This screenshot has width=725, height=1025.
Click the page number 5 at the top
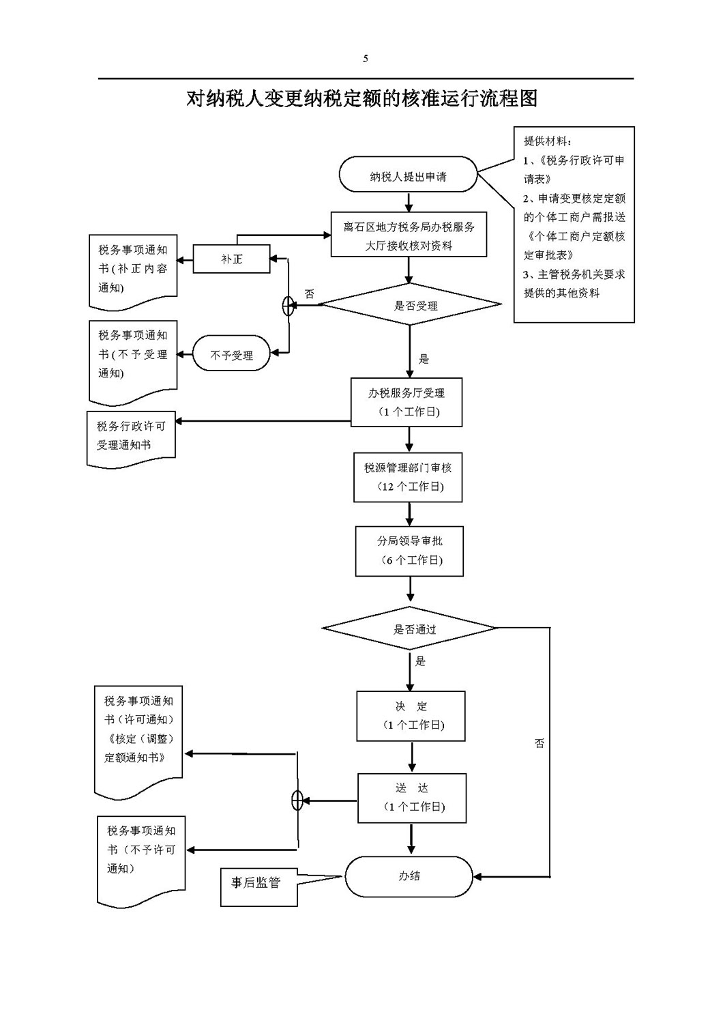click(x=366, y=59)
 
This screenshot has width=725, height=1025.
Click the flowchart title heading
click(x=361, y=98)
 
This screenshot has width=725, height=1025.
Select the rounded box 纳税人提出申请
click(x=408, y=174)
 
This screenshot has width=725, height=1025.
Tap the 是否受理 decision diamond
click(x=410, y=304)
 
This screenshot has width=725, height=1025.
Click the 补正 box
click(x=231, y=259)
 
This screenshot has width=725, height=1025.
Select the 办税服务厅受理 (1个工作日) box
click(x=406, y=402)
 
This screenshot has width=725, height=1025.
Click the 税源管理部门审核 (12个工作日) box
click(x=408, y=477)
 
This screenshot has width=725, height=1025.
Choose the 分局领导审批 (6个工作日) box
click(x=409, y=551)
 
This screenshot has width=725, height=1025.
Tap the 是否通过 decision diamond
click(x=409, y=629)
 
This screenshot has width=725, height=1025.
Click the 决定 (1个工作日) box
click(x=411, y=716)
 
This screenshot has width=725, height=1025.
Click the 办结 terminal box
click(x=409, y=876)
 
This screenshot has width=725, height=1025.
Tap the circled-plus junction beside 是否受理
click(x=288, y=306)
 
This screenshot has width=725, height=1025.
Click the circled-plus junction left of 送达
click(x=297, y=800)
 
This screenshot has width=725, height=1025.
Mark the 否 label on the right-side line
click(x=539, y=743)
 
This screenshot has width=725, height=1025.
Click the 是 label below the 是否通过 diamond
click(x=420, y=661)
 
